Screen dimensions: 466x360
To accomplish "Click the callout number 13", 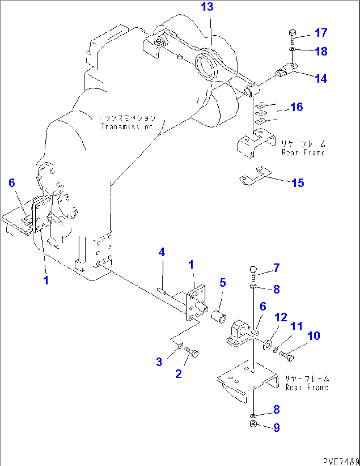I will point(207,7).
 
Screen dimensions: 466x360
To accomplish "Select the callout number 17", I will point(321,33).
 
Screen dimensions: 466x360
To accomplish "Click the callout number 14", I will point(321,79).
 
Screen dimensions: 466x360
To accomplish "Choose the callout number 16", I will point(297,107).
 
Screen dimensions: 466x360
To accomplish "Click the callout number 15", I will point(298,183).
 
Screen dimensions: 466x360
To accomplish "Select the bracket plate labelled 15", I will point(255,176).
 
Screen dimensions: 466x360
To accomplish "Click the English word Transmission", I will point(126,127).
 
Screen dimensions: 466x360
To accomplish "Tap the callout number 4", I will point(162,252).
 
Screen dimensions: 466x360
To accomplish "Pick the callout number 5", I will point(223,283).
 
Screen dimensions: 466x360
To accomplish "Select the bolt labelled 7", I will point(253,273).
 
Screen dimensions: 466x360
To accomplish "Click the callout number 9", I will point(277,428).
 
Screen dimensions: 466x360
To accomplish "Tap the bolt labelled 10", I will point(286,356).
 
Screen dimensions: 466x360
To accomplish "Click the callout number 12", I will point(281,317).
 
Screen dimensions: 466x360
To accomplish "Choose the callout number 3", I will point(159,362).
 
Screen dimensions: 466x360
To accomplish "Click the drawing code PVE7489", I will point(341,461).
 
